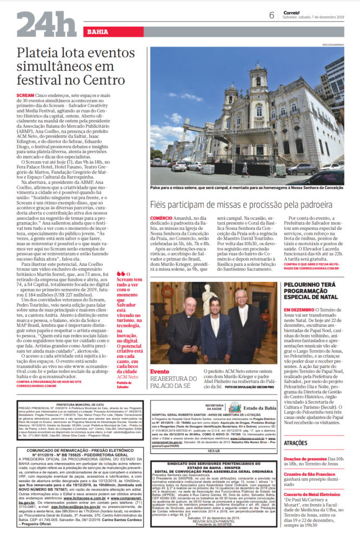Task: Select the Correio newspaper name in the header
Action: tap(291, 11)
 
